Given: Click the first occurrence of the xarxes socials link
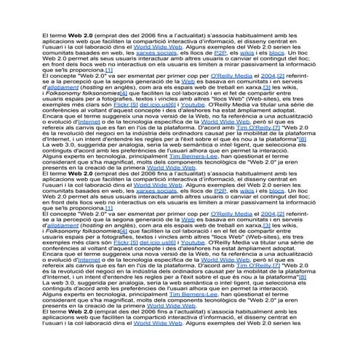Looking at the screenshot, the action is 157,54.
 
